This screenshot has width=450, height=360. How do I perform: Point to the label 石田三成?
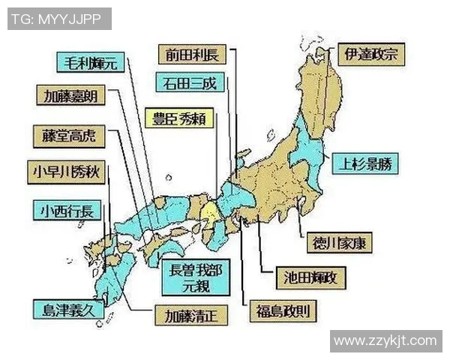tap(190, 82)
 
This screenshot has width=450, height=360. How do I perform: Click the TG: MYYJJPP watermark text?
tap(59, 17)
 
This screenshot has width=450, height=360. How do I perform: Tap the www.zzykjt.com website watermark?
tap(385, 341)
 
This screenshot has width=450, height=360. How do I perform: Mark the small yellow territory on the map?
tap(212, 208)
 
